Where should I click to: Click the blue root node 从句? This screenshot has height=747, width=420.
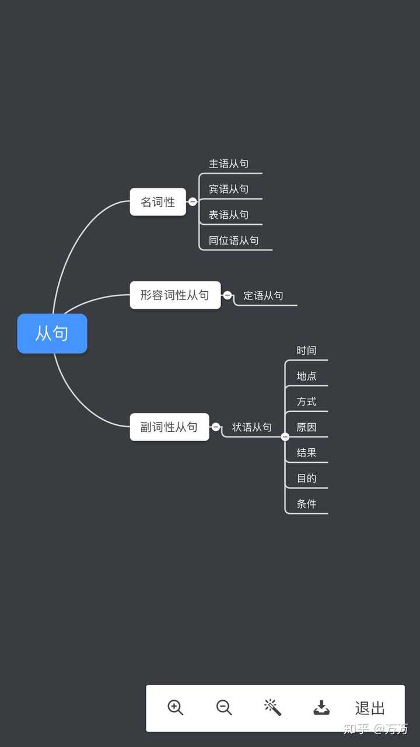point(52,333)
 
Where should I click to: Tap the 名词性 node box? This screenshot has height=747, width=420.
point(157,202)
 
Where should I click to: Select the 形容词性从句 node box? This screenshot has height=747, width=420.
point(175,295)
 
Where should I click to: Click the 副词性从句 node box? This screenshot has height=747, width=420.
point(169,427)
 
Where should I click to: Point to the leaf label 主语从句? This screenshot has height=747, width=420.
point(229,164)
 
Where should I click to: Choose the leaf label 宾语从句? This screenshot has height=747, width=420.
point(229,189)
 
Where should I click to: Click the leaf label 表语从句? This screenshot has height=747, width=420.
point(229,215)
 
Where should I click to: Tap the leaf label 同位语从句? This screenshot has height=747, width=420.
point(233,240)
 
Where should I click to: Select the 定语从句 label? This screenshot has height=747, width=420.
point(263,296)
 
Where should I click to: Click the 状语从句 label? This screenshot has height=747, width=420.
point(251,427)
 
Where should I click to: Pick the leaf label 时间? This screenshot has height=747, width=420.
point(306,350)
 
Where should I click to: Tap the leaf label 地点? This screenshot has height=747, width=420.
point(306,376)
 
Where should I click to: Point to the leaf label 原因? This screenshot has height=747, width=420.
point(306,427)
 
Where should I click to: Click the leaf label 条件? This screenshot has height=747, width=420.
point(306,504)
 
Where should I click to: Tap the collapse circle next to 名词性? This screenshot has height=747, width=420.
point(192,202)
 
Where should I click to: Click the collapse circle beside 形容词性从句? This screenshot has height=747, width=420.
point(228,295)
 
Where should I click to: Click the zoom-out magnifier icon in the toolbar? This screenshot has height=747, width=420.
point(224,707)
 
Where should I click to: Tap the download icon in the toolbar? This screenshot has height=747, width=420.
point(321,708)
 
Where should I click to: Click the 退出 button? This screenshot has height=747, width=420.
point(370,708)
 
